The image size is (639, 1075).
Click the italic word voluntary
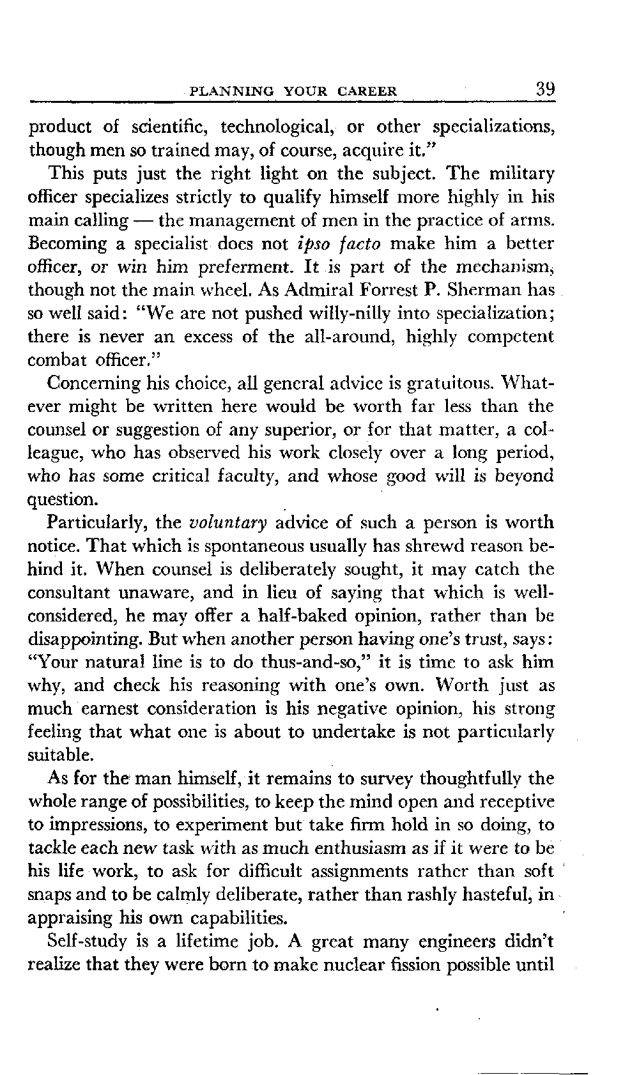[x=229, y=523]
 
